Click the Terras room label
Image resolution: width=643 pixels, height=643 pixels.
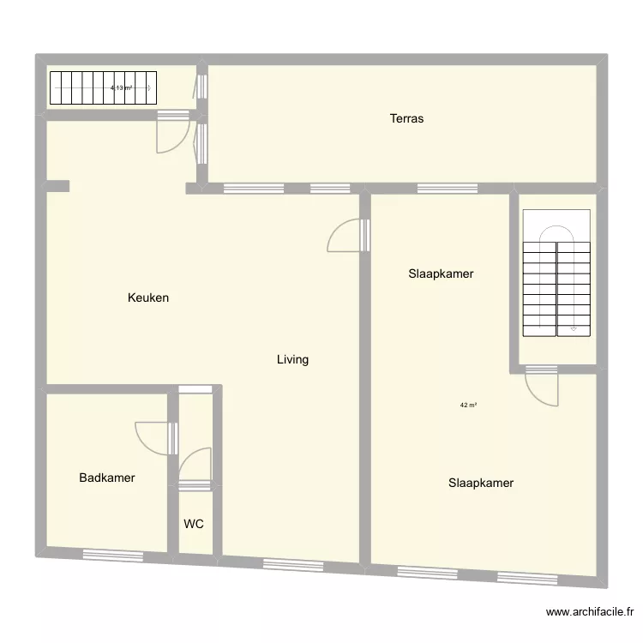coord(406,119)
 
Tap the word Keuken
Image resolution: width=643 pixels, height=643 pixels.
coord(148,298)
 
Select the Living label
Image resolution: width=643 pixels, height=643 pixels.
coord(292,360)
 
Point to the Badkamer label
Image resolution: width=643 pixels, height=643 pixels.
coord(107,478)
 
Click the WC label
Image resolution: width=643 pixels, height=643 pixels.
coord(194,524)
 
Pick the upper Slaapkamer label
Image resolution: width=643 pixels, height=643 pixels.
coord(441,274)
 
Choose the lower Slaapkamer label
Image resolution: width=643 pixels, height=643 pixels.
coord(481,483)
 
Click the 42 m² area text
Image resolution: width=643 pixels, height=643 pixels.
coord(468,406)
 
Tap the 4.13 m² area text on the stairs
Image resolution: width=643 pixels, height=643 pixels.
coord(121,87)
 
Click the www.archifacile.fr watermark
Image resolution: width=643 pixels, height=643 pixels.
coord(590,612)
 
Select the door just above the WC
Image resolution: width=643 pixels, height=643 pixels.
coord(195,468)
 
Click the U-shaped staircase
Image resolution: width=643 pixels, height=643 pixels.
coord(557,274)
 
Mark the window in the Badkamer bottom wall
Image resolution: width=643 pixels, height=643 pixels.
coord(112,556)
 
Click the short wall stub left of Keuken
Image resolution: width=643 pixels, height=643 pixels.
coord(57,186)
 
